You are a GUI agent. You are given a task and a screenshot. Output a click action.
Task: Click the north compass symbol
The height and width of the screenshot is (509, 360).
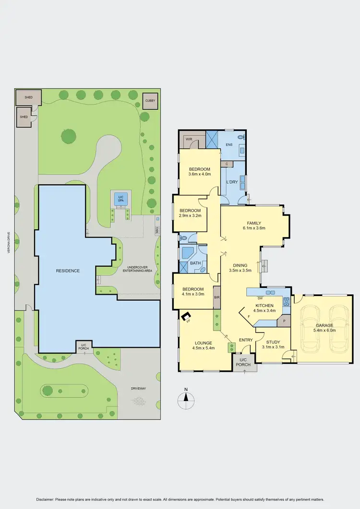pos(185,398)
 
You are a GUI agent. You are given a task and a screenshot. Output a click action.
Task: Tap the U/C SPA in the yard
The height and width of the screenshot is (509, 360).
pos(120,198)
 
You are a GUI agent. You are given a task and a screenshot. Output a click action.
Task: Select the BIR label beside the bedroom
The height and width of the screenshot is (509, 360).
pos(216,298)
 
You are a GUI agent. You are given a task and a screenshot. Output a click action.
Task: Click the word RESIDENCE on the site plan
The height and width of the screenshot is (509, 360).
pos(68,271)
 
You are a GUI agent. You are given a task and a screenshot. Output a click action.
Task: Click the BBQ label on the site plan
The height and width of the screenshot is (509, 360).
pos(157,230)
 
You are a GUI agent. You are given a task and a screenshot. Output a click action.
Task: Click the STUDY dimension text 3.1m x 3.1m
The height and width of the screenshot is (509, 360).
pos(273,347)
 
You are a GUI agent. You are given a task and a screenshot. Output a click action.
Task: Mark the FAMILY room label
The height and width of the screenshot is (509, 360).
pos(254,223)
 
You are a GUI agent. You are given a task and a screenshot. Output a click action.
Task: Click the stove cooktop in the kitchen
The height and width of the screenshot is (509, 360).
pos(286,301)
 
